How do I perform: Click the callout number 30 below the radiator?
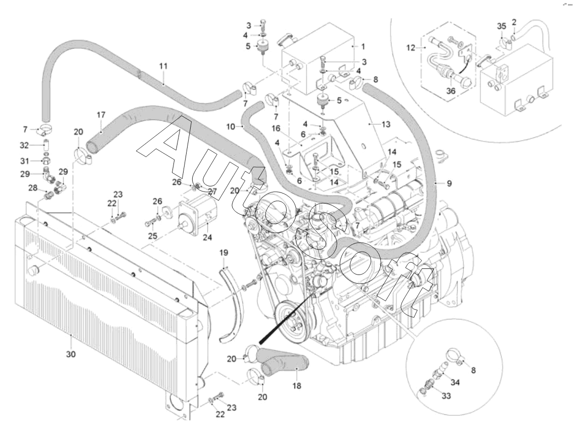point(71,355)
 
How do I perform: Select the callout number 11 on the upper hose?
point(163,66)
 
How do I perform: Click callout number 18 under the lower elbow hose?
point(296,385)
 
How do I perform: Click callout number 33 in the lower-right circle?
point(446,397)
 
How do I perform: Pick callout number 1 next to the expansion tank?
point(362,45)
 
